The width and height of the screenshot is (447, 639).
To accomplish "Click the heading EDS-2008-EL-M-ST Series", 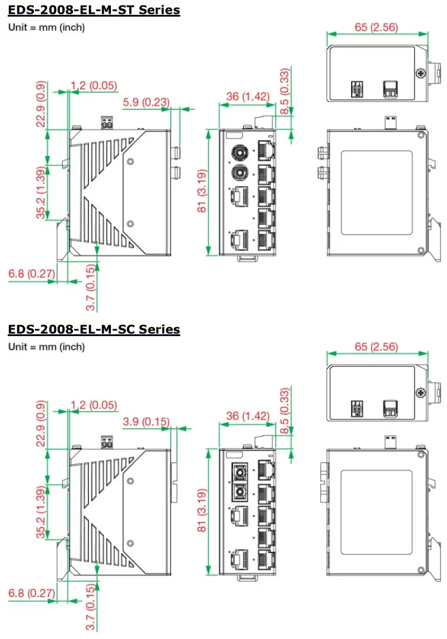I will point(94,10).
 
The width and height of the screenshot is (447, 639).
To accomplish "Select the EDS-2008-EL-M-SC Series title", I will point(94,329).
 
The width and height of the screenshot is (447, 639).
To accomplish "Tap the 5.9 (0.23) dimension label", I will point(145,103).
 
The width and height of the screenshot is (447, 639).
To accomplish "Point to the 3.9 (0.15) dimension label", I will point(145,421).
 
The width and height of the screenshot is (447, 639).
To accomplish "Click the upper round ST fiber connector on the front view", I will point(240,152).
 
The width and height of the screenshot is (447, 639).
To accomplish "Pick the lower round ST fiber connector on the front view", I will point(240,174).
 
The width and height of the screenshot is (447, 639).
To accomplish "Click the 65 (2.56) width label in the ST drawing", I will point(376,27).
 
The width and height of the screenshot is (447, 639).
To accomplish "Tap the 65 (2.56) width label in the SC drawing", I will point(376,346).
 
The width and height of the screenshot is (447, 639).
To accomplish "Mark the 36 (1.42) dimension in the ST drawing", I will point(248,97).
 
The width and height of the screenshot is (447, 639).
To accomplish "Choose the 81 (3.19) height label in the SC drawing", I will point(202,511).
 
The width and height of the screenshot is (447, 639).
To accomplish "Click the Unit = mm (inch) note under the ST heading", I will point(46,27).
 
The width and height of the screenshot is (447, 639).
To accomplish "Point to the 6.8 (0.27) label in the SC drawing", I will point(31,592).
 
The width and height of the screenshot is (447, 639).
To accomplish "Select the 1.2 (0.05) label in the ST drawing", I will point(94,86).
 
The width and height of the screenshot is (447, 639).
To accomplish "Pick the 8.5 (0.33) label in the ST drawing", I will point(285,92).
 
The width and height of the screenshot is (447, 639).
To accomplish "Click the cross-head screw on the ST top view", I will point(420,74).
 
